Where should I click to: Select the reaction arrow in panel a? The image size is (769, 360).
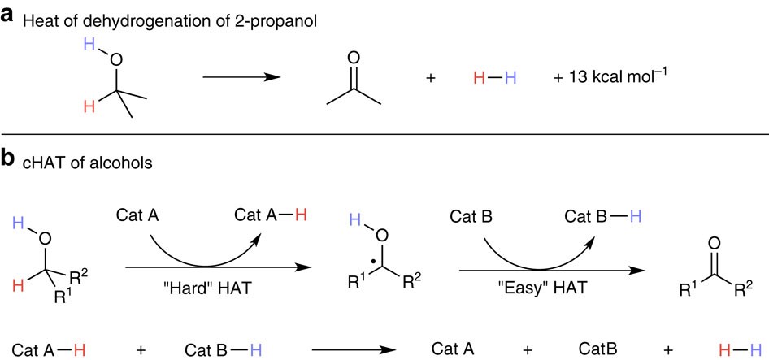[x=241, y=78]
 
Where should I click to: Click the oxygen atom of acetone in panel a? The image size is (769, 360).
[x=352, y=59]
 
